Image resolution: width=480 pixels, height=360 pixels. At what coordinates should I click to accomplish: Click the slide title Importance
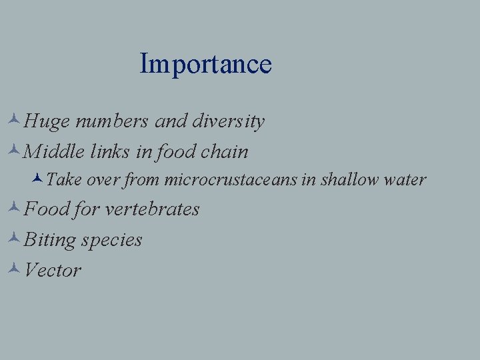[x=206, y=64]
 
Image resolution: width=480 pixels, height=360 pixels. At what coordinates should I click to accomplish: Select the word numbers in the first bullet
[x=112, y=122]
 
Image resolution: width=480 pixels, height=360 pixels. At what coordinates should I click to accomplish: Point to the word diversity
[x=229, y=122]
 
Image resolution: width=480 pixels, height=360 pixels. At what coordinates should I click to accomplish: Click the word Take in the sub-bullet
[x=65, y=180]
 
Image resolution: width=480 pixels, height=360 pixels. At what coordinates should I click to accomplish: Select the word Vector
[x=52, y=271]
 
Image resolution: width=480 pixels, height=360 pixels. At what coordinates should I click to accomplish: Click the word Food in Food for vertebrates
[x=47, y=209]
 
